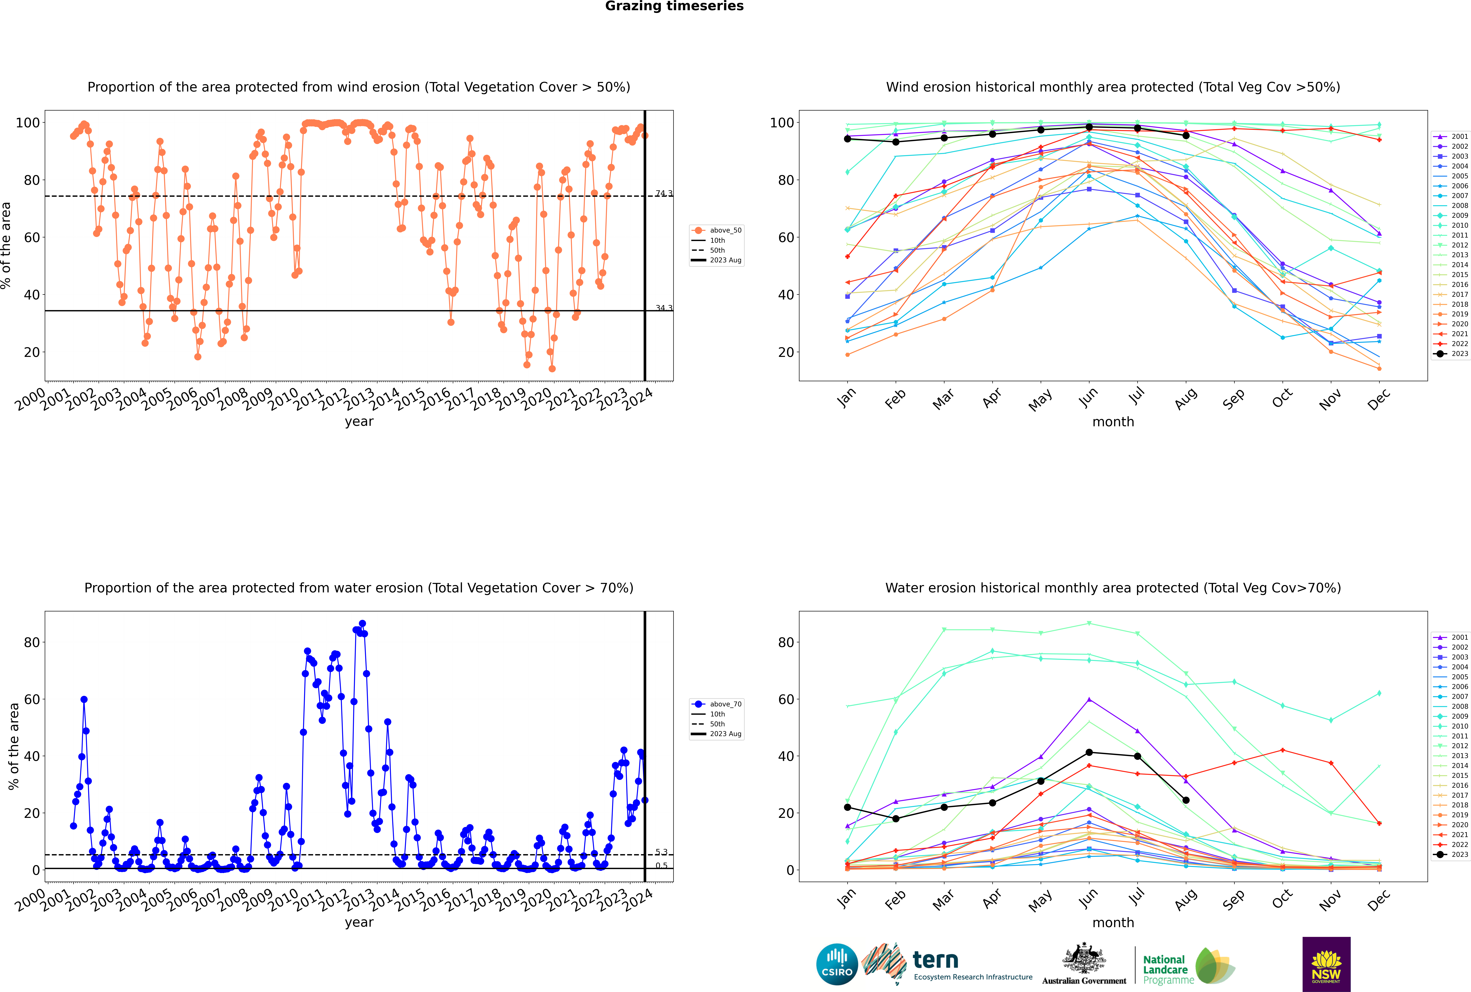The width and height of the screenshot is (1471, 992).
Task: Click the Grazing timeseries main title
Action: (x=674, y=6)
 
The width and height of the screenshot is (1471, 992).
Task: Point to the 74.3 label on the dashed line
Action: (x=663, y=194)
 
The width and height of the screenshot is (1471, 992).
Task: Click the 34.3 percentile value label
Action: (x=663, y=308)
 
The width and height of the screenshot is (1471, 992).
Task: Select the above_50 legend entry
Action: (x=717, y=230)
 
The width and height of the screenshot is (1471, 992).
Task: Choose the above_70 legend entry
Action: (x=717, y=704)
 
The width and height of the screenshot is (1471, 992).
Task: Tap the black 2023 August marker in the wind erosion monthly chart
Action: (x=1186, y=135)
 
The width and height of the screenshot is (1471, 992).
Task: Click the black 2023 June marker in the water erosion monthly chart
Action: (x=1089, y=752)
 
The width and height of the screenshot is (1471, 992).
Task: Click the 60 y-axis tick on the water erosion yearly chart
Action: (x=32, y=699)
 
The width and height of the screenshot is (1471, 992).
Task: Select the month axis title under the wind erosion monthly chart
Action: (x=1113, y=422)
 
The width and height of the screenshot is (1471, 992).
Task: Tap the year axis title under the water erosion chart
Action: (x=359, y=922)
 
